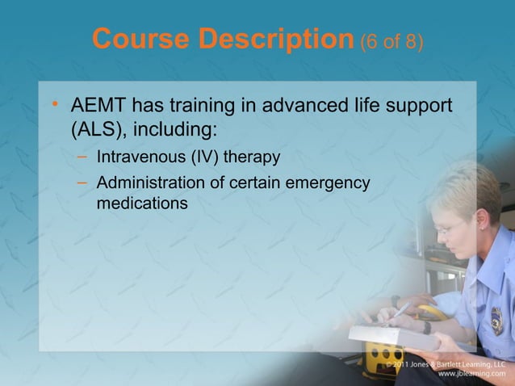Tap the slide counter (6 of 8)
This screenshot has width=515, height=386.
pyautogui.click(x=391, y=40)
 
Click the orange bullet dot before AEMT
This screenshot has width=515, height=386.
pyautogui.click(x=54, y=106)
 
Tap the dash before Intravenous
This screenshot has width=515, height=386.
pyautogui.click(x=82, y=156)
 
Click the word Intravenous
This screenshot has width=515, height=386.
pyautogui.click(x=144, y=157)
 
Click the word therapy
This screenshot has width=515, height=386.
pyautogui.click(x=267, y=157)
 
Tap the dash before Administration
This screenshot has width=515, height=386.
pyautogui.click(x=82, y=183)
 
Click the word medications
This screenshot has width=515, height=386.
pyautogui.click(x=142, y=203)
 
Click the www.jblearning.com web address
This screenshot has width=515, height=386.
pyautogui.click(x=471, y=375)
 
